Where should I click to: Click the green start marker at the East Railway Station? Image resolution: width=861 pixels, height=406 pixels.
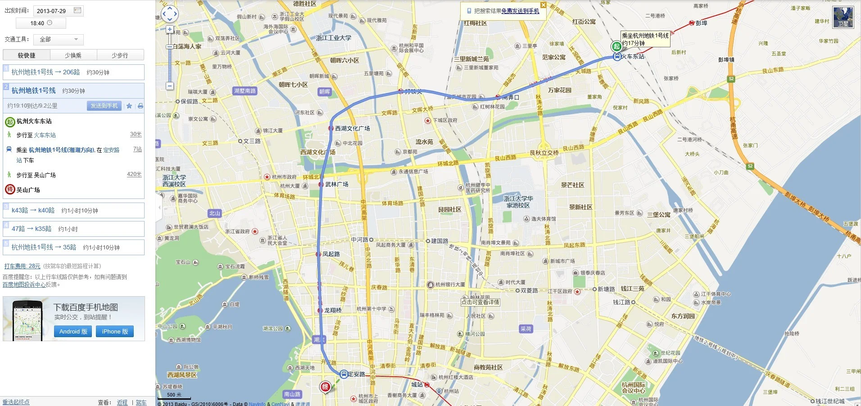coord(616,46)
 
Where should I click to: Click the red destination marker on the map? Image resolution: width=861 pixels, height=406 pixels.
coord(325,387)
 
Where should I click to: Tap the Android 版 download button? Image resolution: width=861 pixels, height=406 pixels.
coord(73,332)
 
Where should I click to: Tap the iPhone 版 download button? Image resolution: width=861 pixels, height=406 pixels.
coord(115,332)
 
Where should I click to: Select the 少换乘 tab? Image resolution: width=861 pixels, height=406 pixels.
coord(73,55)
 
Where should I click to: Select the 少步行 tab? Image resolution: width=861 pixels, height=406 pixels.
coord(120,55)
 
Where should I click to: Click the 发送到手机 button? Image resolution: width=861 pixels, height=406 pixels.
coord(104,106)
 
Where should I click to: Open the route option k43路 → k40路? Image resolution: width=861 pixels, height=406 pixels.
coord(33,210)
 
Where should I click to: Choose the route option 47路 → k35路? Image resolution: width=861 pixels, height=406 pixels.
coord(32,229)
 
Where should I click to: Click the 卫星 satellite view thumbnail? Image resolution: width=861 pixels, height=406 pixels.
coord(843,17)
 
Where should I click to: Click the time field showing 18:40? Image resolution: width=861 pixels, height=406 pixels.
coord(41,23)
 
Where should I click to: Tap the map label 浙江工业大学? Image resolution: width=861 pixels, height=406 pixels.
coord(334,38)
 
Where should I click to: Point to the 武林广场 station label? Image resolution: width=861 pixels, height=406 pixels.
coord(336,185)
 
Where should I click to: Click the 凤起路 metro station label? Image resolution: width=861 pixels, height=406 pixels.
coord(331,254)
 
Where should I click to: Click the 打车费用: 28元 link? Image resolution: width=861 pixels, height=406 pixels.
coord(22,266)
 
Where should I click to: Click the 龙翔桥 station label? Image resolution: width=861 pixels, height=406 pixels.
coord(333,311)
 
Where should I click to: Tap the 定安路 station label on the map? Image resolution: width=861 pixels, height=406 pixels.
coord(356,374)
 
